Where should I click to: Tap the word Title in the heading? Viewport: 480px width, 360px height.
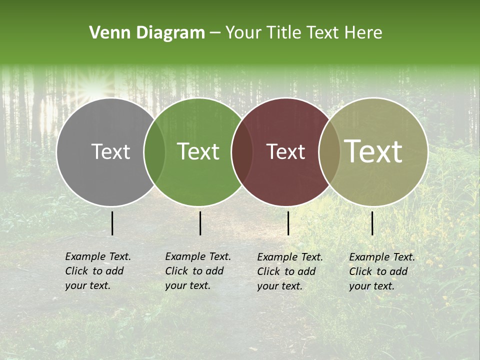[284, 33]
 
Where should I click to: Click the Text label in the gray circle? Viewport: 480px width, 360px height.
[110, 151]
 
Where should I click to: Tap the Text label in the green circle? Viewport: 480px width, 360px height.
[198, 151]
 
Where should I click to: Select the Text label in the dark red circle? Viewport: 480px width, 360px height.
[286, 151]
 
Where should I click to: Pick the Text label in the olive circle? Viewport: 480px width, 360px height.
[373, 151]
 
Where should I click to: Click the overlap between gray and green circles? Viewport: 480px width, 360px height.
[154, 151]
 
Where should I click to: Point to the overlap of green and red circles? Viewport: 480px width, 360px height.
[242, 151]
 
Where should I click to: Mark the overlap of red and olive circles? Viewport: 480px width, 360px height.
[329, 151]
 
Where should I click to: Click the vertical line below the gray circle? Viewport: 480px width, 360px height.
[112, 223]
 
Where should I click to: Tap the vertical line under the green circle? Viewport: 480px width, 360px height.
[200, 223]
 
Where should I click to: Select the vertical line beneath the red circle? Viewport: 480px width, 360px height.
[288, 223]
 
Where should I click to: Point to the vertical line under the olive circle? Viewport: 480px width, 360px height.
[372, 223]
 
